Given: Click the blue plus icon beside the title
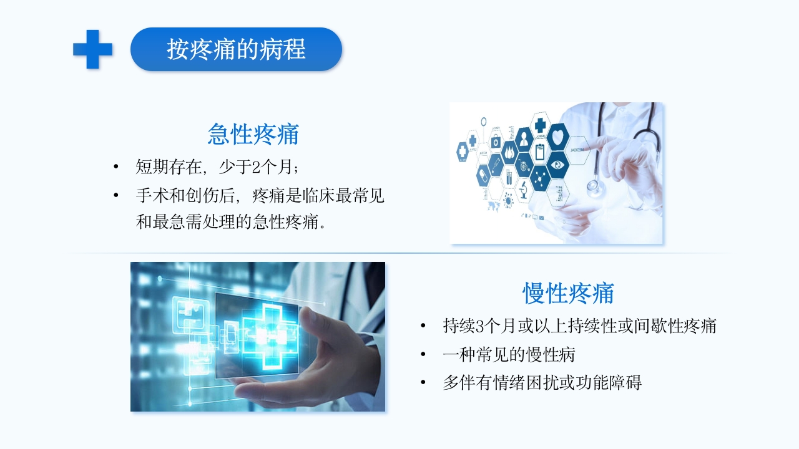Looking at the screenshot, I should (x=92, y=49).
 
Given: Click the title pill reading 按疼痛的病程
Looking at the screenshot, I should (x=236, y=49).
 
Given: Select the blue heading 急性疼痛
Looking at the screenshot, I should (x=253, y=134).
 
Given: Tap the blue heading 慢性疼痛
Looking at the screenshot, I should (x=568, y=293).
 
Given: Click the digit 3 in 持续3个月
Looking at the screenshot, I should (x=479, y=326).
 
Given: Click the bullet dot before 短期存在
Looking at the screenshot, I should (x=115, y=167).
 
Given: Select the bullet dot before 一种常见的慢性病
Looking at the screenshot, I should (x=424, y=355).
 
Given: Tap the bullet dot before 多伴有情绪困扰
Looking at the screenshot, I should (x=424, y=383).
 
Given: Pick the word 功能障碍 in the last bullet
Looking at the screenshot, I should (x=615, y=383).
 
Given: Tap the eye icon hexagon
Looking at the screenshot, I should (x=557, y=165).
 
